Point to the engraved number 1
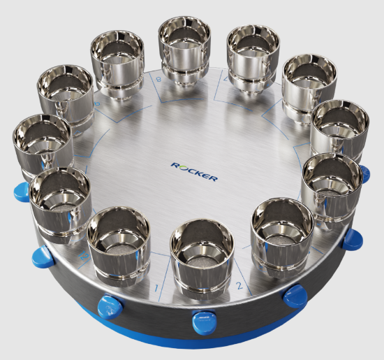point(158,287)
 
